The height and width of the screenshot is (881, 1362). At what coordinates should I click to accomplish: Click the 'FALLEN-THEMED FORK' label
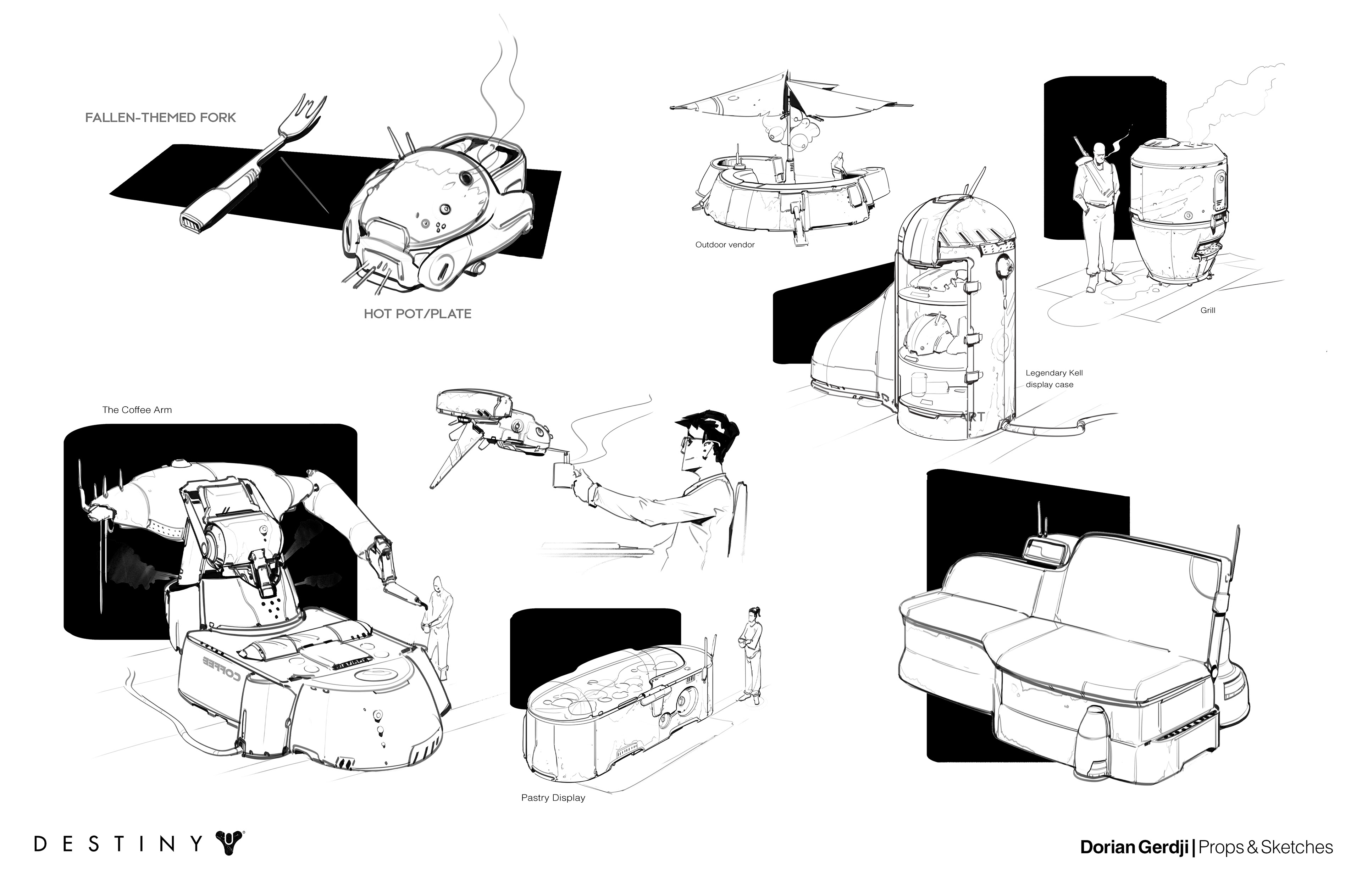click(x=160, y=118)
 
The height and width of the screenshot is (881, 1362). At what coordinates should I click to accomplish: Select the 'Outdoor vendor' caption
click(x=725, y=245)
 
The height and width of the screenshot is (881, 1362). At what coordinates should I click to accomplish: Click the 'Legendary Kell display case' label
click(x=1054, y=379)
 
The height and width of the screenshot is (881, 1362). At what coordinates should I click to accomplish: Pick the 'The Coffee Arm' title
click(x=137, y=409)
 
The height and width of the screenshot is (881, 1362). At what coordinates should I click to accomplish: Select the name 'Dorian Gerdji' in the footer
click(x=1135, y=847)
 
